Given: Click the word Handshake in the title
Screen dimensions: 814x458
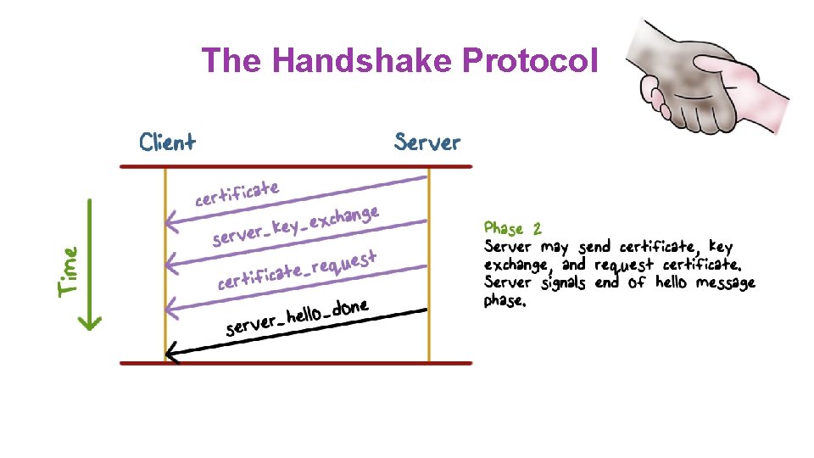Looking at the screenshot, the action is [x=363, y=60].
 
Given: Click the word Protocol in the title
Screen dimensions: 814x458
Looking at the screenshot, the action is [x=530, y=60].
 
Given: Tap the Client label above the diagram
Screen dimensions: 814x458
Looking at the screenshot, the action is [x=167, y=142].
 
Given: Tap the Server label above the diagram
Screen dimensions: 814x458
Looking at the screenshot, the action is [x=427, y=142].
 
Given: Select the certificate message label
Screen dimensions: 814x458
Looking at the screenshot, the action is [x=237, y=193].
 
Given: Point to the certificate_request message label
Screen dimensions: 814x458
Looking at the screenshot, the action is [x=296, y=267].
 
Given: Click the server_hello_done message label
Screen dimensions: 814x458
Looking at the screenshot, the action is [x=296, y=316].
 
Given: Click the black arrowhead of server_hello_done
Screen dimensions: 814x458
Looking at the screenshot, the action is [x=172, y=352].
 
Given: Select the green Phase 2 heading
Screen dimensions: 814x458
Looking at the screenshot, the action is [x=512, y=228].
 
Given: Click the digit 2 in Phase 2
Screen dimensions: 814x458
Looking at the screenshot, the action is [x=537, y=228].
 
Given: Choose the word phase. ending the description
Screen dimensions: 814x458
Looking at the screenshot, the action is [x=505, y=301].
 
